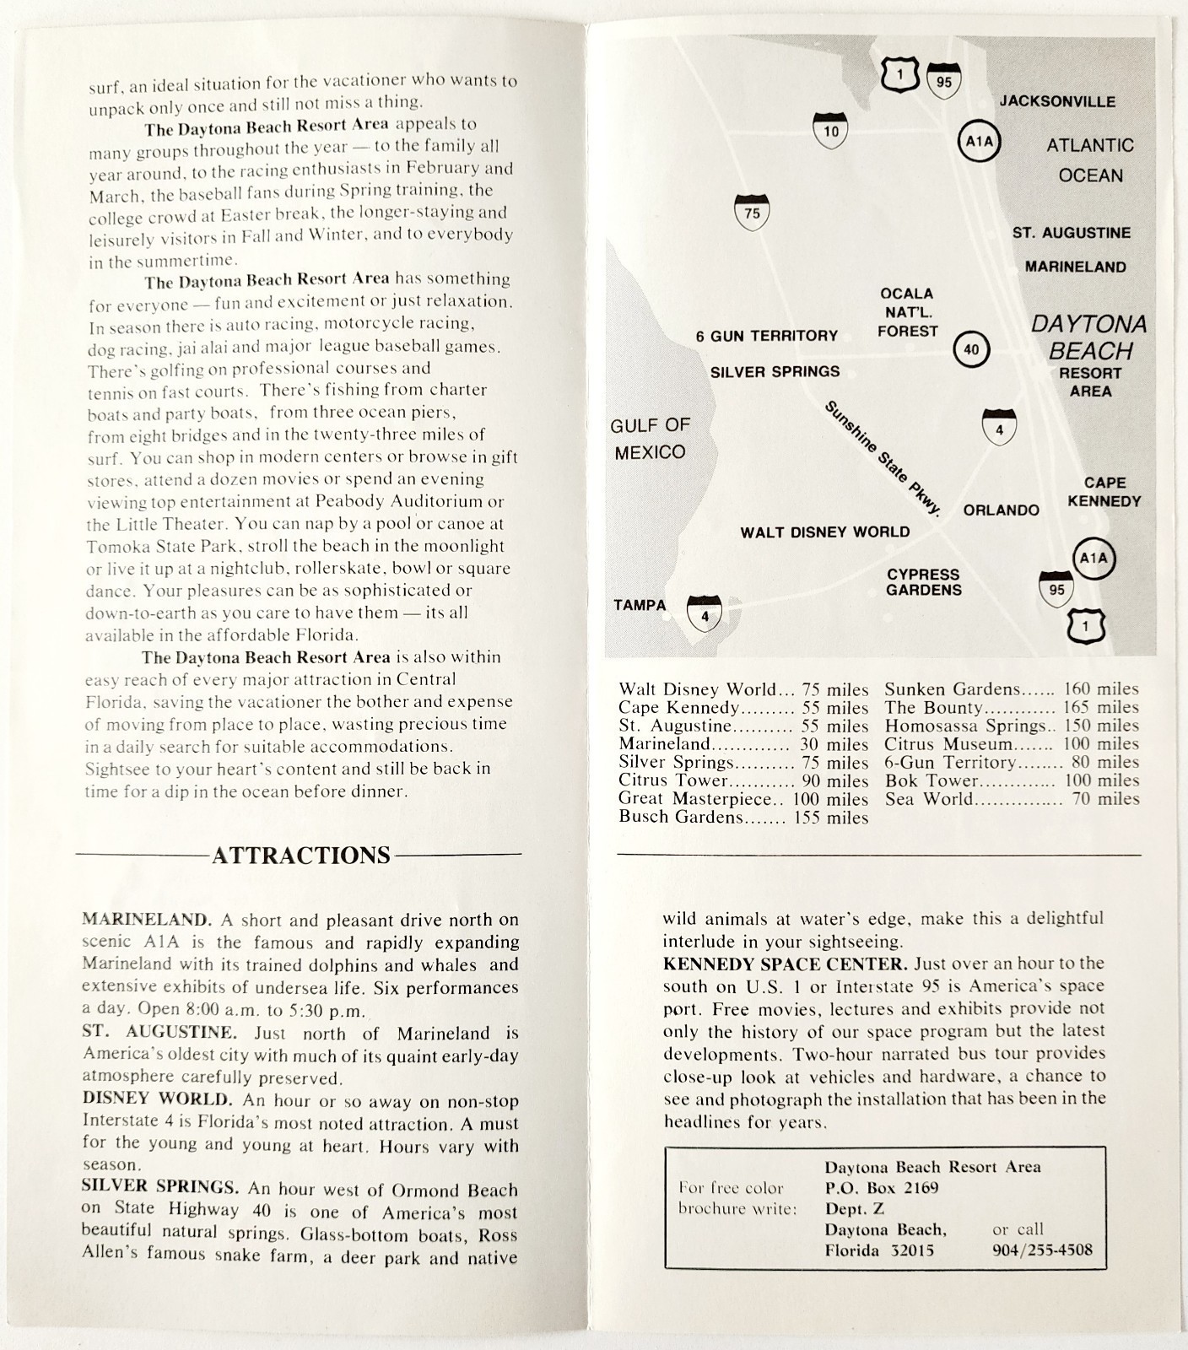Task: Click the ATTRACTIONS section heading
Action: pos(301,856)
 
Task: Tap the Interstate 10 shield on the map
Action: pos(831,130)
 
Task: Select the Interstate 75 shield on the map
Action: pos(752,213)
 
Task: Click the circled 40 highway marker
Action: pos(971,349)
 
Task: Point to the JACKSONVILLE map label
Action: pos(1057,101)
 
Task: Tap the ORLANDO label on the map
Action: pos(1001,510)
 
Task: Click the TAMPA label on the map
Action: pos(640,605)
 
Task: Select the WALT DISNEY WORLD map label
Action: pos(824,532)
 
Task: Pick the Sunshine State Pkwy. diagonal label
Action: pos(882,458)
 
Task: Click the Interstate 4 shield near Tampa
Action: pos(705,614)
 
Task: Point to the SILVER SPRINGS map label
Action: pos(775,371)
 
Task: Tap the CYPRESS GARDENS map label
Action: pos(923,582)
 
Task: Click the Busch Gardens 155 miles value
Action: pos(830,817)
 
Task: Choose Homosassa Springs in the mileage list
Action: pos(964,726)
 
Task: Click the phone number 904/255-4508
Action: pos(1042,1250)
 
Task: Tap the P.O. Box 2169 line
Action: pos(882,1188)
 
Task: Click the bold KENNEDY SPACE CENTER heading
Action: pos(785,964)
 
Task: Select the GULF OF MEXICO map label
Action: pos(650,439)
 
